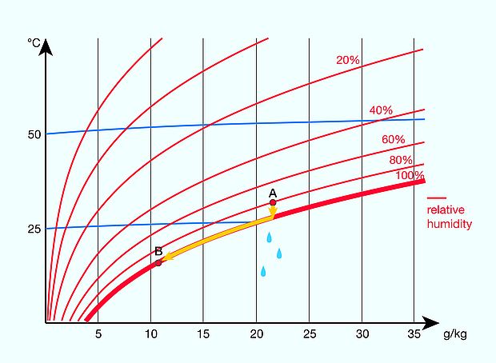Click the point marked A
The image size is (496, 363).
coord(273,203)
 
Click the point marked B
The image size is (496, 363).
coord(158,262)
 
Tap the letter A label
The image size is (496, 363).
coord(273,193)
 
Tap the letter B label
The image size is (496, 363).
coord(158,252)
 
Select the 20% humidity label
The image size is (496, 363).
coord(346,60)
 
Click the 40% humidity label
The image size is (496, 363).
coord(381,110)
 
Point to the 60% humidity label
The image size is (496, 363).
coord(393,139)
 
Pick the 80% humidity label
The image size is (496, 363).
coord(401,160)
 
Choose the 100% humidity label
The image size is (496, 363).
coord(410,175)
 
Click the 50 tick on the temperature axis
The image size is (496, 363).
coord(34,134)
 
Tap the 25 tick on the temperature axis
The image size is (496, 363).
coord(34,229)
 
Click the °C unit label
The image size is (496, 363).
coord(34,42)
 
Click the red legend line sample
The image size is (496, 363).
coord(436,197)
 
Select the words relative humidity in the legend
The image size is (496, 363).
coord(449,217)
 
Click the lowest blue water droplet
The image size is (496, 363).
coord(262,271)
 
